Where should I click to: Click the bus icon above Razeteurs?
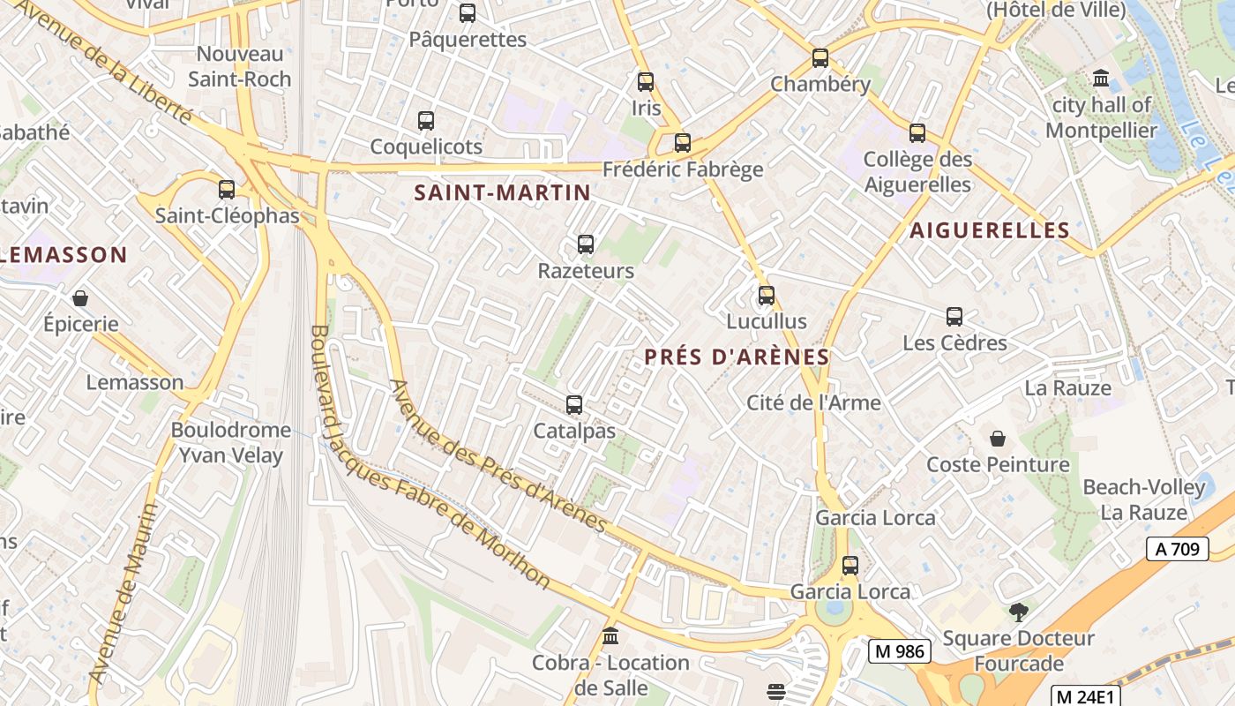[585, 244]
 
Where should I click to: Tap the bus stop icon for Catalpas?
[574, 405]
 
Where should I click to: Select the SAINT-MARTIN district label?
[502, 192]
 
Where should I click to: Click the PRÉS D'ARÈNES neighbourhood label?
[737, 357]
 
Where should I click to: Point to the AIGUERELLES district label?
[990, 230]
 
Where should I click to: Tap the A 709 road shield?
[1177, 549]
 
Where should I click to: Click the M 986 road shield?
[900, 651]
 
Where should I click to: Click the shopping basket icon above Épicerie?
[80, 298]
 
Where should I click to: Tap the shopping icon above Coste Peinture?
[998, 439]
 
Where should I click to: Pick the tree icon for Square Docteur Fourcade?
[1018, 612]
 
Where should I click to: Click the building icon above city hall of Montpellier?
[1101, 79]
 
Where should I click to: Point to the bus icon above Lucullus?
[766, 295]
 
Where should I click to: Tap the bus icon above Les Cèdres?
[954, 317]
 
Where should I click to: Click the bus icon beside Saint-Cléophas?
[227, 189]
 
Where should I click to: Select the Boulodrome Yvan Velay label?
[230, 443]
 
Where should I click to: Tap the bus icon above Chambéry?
[820, 58]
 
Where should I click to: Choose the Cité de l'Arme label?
[813, 402]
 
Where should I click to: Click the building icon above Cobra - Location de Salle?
[610, 636]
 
